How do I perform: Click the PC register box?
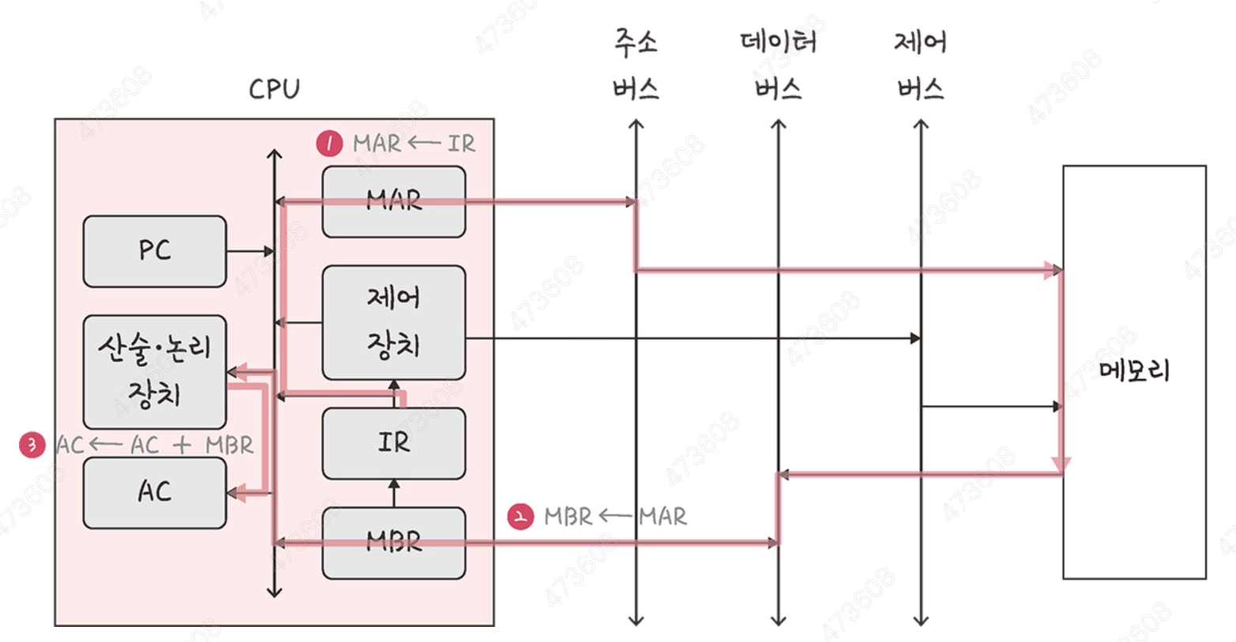pyautogui.click(x=154, y=251)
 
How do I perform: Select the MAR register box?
pyautogui.click(x=394, y=202)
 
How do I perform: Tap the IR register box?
pyautogui.click(x=394, y=443)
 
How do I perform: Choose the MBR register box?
pyautogui.click(x=394, y=542)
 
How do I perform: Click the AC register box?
pyautogui.click(x=154, y=492)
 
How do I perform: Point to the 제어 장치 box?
pyautogui.click(x=394, y=322)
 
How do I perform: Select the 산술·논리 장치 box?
pyautogui.click(x=154, y=372)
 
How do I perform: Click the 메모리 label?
pyautogui.click(x=1133, y=371)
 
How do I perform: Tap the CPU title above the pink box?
pyautogui.click(x=274, y=89)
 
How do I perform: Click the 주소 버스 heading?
pyautogui.click(x=635, y=65)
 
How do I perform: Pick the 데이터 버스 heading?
pyautogui.click(x=778, y=65)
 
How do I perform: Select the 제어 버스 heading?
pyautogui.click(x=921, y=65)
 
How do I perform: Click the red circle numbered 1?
pyautogui.click(x=330, y=144)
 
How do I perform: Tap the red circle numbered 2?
pyautogui.click(x=520, y=516)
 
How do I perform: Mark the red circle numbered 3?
pyautogui.click(x=32, y=445)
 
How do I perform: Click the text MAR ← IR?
pyautogui.click(x=414, y=144)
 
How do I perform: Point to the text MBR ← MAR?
pyautogui.click(x=616, y=516)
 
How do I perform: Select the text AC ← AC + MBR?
pyautogui.click(x=155, y=445)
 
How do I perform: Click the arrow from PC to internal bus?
pyautogui.click(x=250, y=251)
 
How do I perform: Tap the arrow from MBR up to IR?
pyautogui.click(x=394, y=493)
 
